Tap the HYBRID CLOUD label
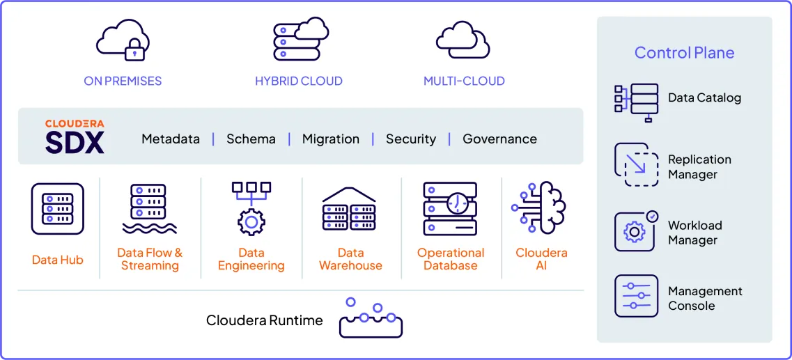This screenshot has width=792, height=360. pyautogui.click(x=298, y=81)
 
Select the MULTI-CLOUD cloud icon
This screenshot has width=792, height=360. pyautogui.click(x=463, y=40)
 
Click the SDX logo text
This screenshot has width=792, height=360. pyautogui.click(x=75, y=142)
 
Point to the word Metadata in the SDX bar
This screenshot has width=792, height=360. pyautogui.click(x=171, y=139)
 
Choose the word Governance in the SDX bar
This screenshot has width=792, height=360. pyautogui.click(x=499, y=139)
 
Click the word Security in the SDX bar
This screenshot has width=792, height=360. pyautogui.click(x=411, y=139)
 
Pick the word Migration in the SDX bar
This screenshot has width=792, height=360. pyautogui.click(x=331, y=139)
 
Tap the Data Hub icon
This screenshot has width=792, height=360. pyautogui.click(x=57, y=209)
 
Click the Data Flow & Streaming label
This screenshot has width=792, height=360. pyautogui.click(x=150, y=259)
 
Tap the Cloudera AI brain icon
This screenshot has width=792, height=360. pyautogui.click(x=541, y=208)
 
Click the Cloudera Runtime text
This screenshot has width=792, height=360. pyautogui.click(x=265, y=320)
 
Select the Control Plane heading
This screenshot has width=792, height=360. pyautogui.click(x=684, y=53)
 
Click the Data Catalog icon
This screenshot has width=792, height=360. pyautogui.click(x=635, y=102)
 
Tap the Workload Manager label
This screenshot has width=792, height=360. pyautogui.click(x=694, y=233)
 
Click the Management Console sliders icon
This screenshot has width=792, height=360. pyautogui.click(x=636, y=296)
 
